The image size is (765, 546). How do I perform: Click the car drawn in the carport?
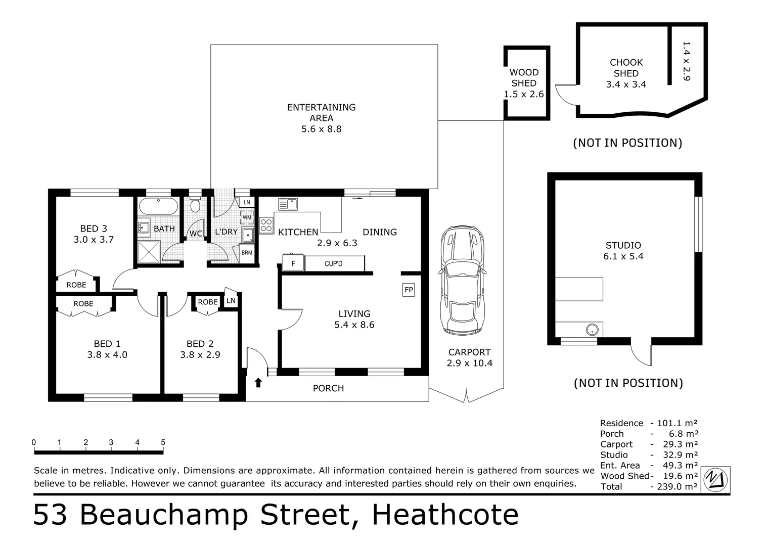pos(463,280)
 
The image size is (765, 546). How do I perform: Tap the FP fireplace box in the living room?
pos(409,290)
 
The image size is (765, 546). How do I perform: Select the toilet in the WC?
pos(195,204)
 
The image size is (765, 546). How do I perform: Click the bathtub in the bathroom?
pos(158,206)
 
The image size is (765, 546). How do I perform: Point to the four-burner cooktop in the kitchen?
pos(266,225)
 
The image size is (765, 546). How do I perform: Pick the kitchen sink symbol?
pos(288,204)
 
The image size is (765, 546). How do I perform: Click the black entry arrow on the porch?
pos(258,382)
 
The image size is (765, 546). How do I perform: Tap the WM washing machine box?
pos(247,217)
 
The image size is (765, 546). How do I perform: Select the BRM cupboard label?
pos(247,253)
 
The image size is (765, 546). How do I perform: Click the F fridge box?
pos(293,263)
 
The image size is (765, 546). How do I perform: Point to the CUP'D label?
pos(333,263)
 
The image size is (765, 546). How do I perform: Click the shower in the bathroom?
pos(149,252)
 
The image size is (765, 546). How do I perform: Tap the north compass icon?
pos(715,480)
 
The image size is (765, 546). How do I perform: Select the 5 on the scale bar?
pos(163,442)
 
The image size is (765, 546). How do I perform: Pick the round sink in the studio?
pos(592,330)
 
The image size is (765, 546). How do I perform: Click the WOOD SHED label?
pos(524,77)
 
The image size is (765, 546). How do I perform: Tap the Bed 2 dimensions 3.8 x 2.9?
pos(200,355)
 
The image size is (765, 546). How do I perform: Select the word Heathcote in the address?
pos(445,515)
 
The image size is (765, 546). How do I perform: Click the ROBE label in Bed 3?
pos(76,285)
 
